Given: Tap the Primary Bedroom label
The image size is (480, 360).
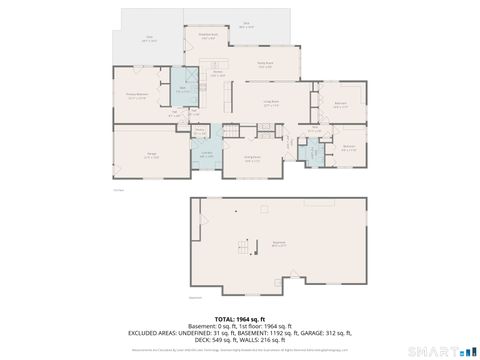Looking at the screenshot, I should pyautogui.click(x=143, y=97).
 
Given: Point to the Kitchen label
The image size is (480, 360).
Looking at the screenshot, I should pyautogui.click(x=217, y=73).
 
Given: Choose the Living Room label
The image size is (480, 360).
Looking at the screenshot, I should pyautogui.click(x=270, y=102).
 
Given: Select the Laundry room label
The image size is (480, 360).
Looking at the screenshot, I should pyautogui.click(x=207, y=153).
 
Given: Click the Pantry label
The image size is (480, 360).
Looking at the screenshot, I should pyautogui.click(x=199, y=131).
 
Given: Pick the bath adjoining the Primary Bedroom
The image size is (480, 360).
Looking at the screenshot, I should pyautogui.click(x=183, y=91).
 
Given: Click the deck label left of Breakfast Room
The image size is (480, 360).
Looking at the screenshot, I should pyautogui.click(x=149, y=39).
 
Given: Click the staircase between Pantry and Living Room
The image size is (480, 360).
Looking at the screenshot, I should pyautogui.click(x=233, y=132).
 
